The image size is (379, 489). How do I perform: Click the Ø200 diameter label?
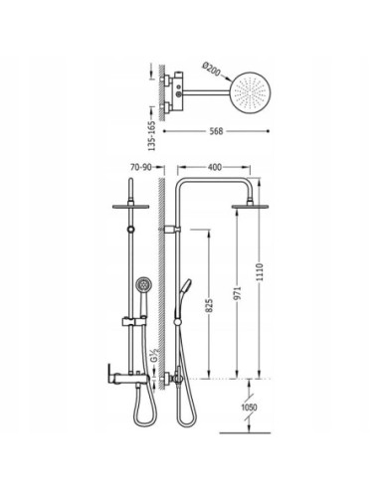click(211, 69)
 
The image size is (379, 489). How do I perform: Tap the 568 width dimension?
click(216, 131)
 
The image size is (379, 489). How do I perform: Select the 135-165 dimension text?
click(151, 136)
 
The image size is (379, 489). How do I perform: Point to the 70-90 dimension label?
click(141, 167)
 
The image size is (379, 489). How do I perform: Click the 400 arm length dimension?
click(215, 167)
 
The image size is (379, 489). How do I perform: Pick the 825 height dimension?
click(209, 306)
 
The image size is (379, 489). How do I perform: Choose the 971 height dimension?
click(237, 293)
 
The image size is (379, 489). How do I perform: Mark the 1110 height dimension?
click(260, 272)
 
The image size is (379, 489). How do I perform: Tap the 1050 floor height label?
click(249, 407)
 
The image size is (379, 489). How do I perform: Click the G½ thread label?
click(154, 356)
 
